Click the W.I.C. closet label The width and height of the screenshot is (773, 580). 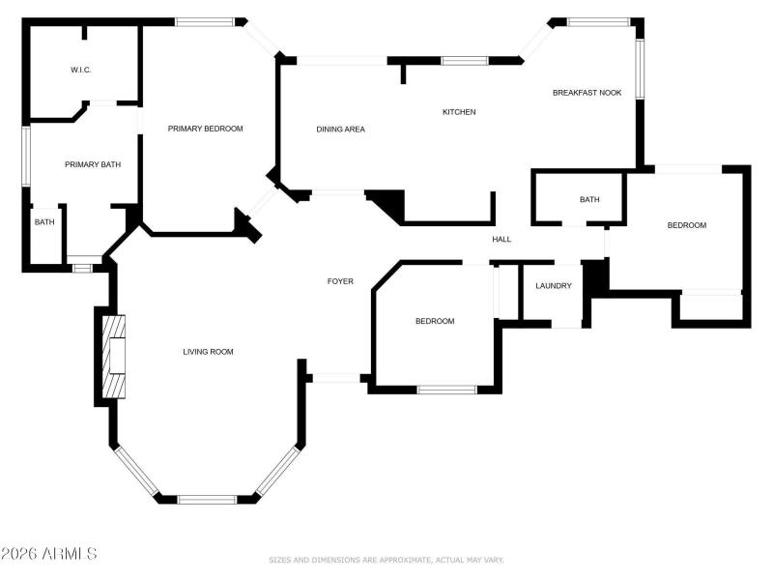[80, 70]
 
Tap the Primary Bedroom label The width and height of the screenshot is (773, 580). [205, 129]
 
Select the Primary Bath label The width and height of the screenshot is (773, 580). [93, 164]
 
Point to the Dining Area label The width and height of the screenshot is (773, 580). [340, 129]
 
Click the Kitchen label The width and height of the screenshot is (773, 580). [459, 112]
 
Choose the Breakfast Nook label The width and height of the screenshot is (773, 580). [587, 93]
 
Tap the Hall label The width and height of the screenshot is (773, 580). [501, 240]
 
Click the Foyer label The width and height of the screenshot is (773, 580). [340, 281]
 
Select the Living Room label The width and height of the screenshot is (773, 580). [208, 352]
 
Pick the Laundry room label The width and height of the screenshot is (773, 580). [554, 286]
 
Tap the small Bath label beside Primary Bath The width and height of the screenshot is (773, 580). [44, 222]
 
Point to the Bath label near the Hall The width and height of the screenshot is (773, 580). [589, 200]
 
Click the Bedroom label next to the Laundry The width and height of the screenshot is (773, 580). [435, 321]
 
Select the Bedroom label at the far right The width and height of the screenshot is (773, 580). [687, 225]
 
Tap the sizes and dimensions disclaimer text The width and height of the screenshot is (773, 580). [386, 560]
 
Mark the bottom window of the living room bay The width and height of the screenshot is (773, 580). [208, 499]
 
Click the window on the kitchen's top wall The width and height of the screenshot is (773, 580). [464, 61]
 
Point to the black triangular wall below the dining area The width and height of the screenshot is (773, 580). [387, 203]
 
